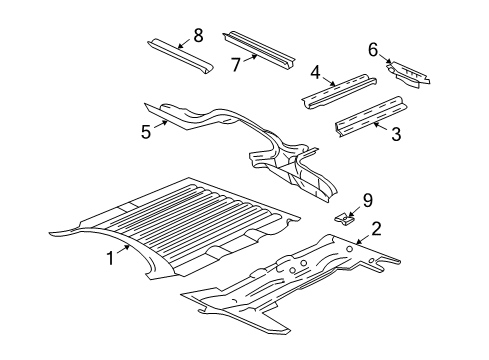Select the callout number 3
[396, 133]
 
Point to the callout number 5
[146, 130]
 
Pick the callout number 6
[373, 49]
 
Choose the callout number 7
[237, 66]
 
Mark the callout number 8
[198, 36]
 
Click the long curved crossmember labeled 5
[240, 135]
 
